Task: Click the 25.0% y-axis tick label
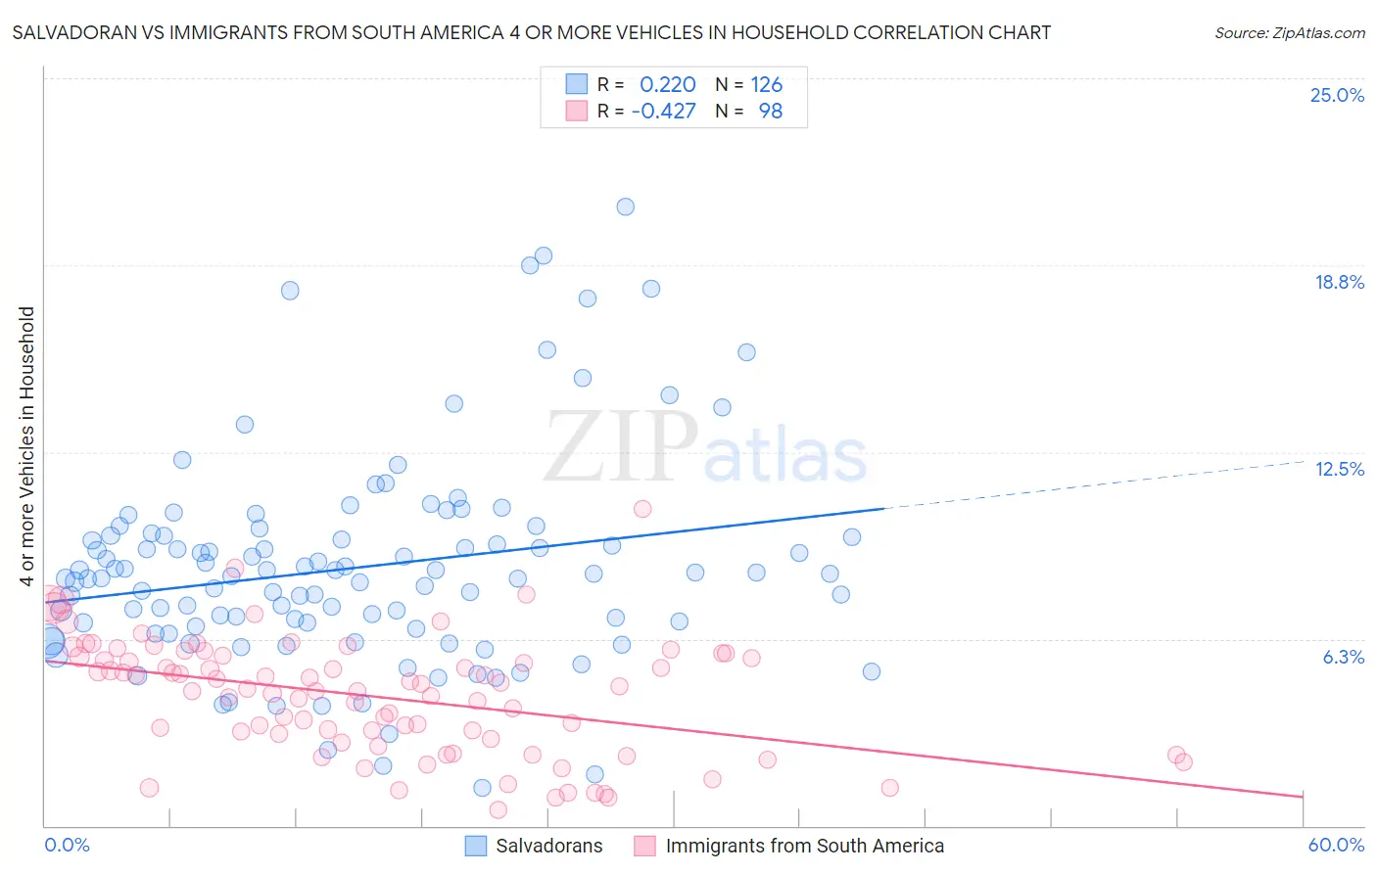click(x=1337, y=95)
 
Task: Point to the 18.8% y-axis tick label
click(x=1339, y=282)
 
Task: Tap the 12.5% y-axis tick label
click(x=1339, y=469)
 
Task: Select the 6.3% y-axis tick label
click(x=1343, y=657)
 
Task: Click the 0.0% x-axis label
click(x=67, y=845)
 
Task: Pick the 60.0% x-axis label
click(x=1336, y=845)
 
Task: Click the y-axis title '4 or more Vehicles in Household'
click(x=26, y=446)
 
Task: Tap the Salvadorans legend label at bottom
click(x=548, y=846)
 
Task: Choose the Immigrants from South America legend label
click(x=804, y=846)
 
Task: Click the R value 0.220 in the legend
click(x=667, y=84)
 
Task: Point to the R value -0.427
click(x=663, y=111)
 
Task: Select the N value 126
click(x=766, y=84)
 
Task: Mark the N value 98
click(x=770, y=111)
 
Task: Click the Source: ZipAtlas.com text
click(x=1289, y=32)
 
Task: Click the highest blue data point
click(x=625, y=207)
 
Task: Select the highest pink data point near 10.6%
click(x=642, y=508)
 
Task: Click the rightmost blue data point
click(x=871, y=671)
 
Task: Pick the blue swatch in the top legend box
click(x=577, y=84)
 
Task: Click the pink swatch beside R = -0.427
click(x=577, y=111)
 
